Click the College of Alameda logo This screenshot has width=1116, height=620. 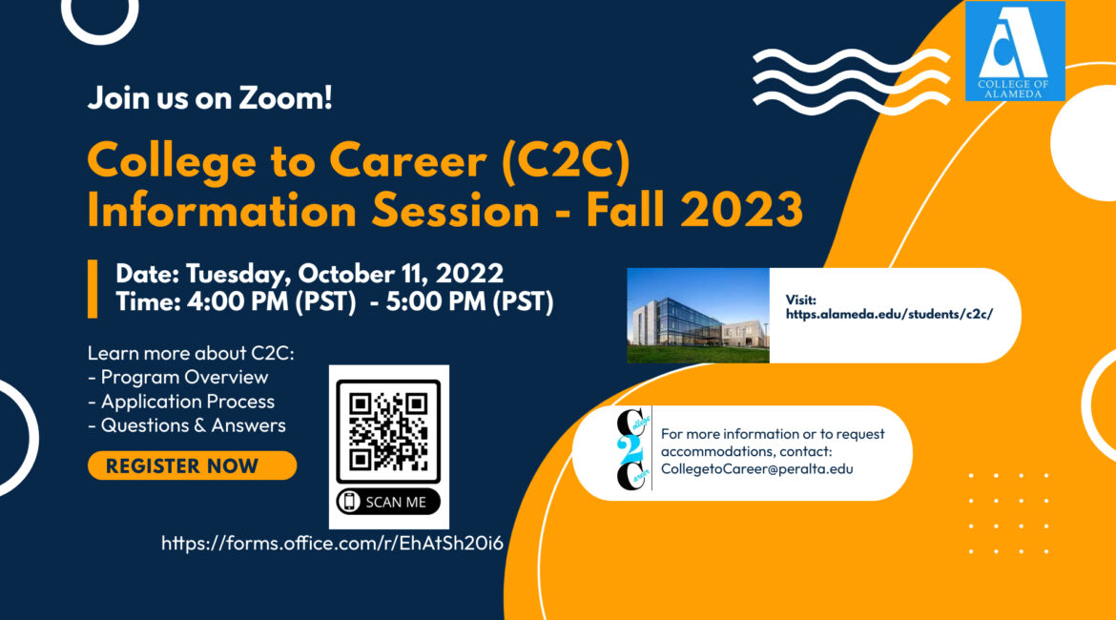[x=1015, y=51]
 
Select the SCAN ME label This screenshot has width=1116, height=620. [x=396, y=502]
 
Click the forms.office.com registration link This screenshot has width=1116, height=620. [x=332, y=543]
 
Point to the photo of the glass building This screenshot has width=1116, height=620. [x=698, y=316]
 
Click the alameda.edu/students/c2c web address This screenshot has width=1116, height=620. [x=889, y=314]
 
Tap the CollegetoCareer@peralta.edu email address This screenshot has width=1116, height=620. [x=756, y=468]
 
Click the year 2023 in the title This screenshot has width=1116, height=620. [x=742, y=211]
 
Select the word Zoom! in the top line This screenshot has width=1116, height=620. [x=285, y=97]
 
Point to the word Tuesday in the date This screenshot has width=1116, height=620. [x=238, y=275]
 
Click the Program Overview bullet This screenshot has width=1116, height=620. [x=178, y=378]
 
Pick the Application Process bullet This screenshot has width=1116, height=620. [x=181, y=402]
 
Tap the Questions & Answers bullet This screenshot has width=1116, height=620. [x=186, y=425]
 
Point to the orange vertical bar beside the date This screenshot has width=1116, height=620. [x=93, y=288]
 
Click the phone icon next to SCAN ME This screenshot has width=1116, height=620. [x=349, y=502]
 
